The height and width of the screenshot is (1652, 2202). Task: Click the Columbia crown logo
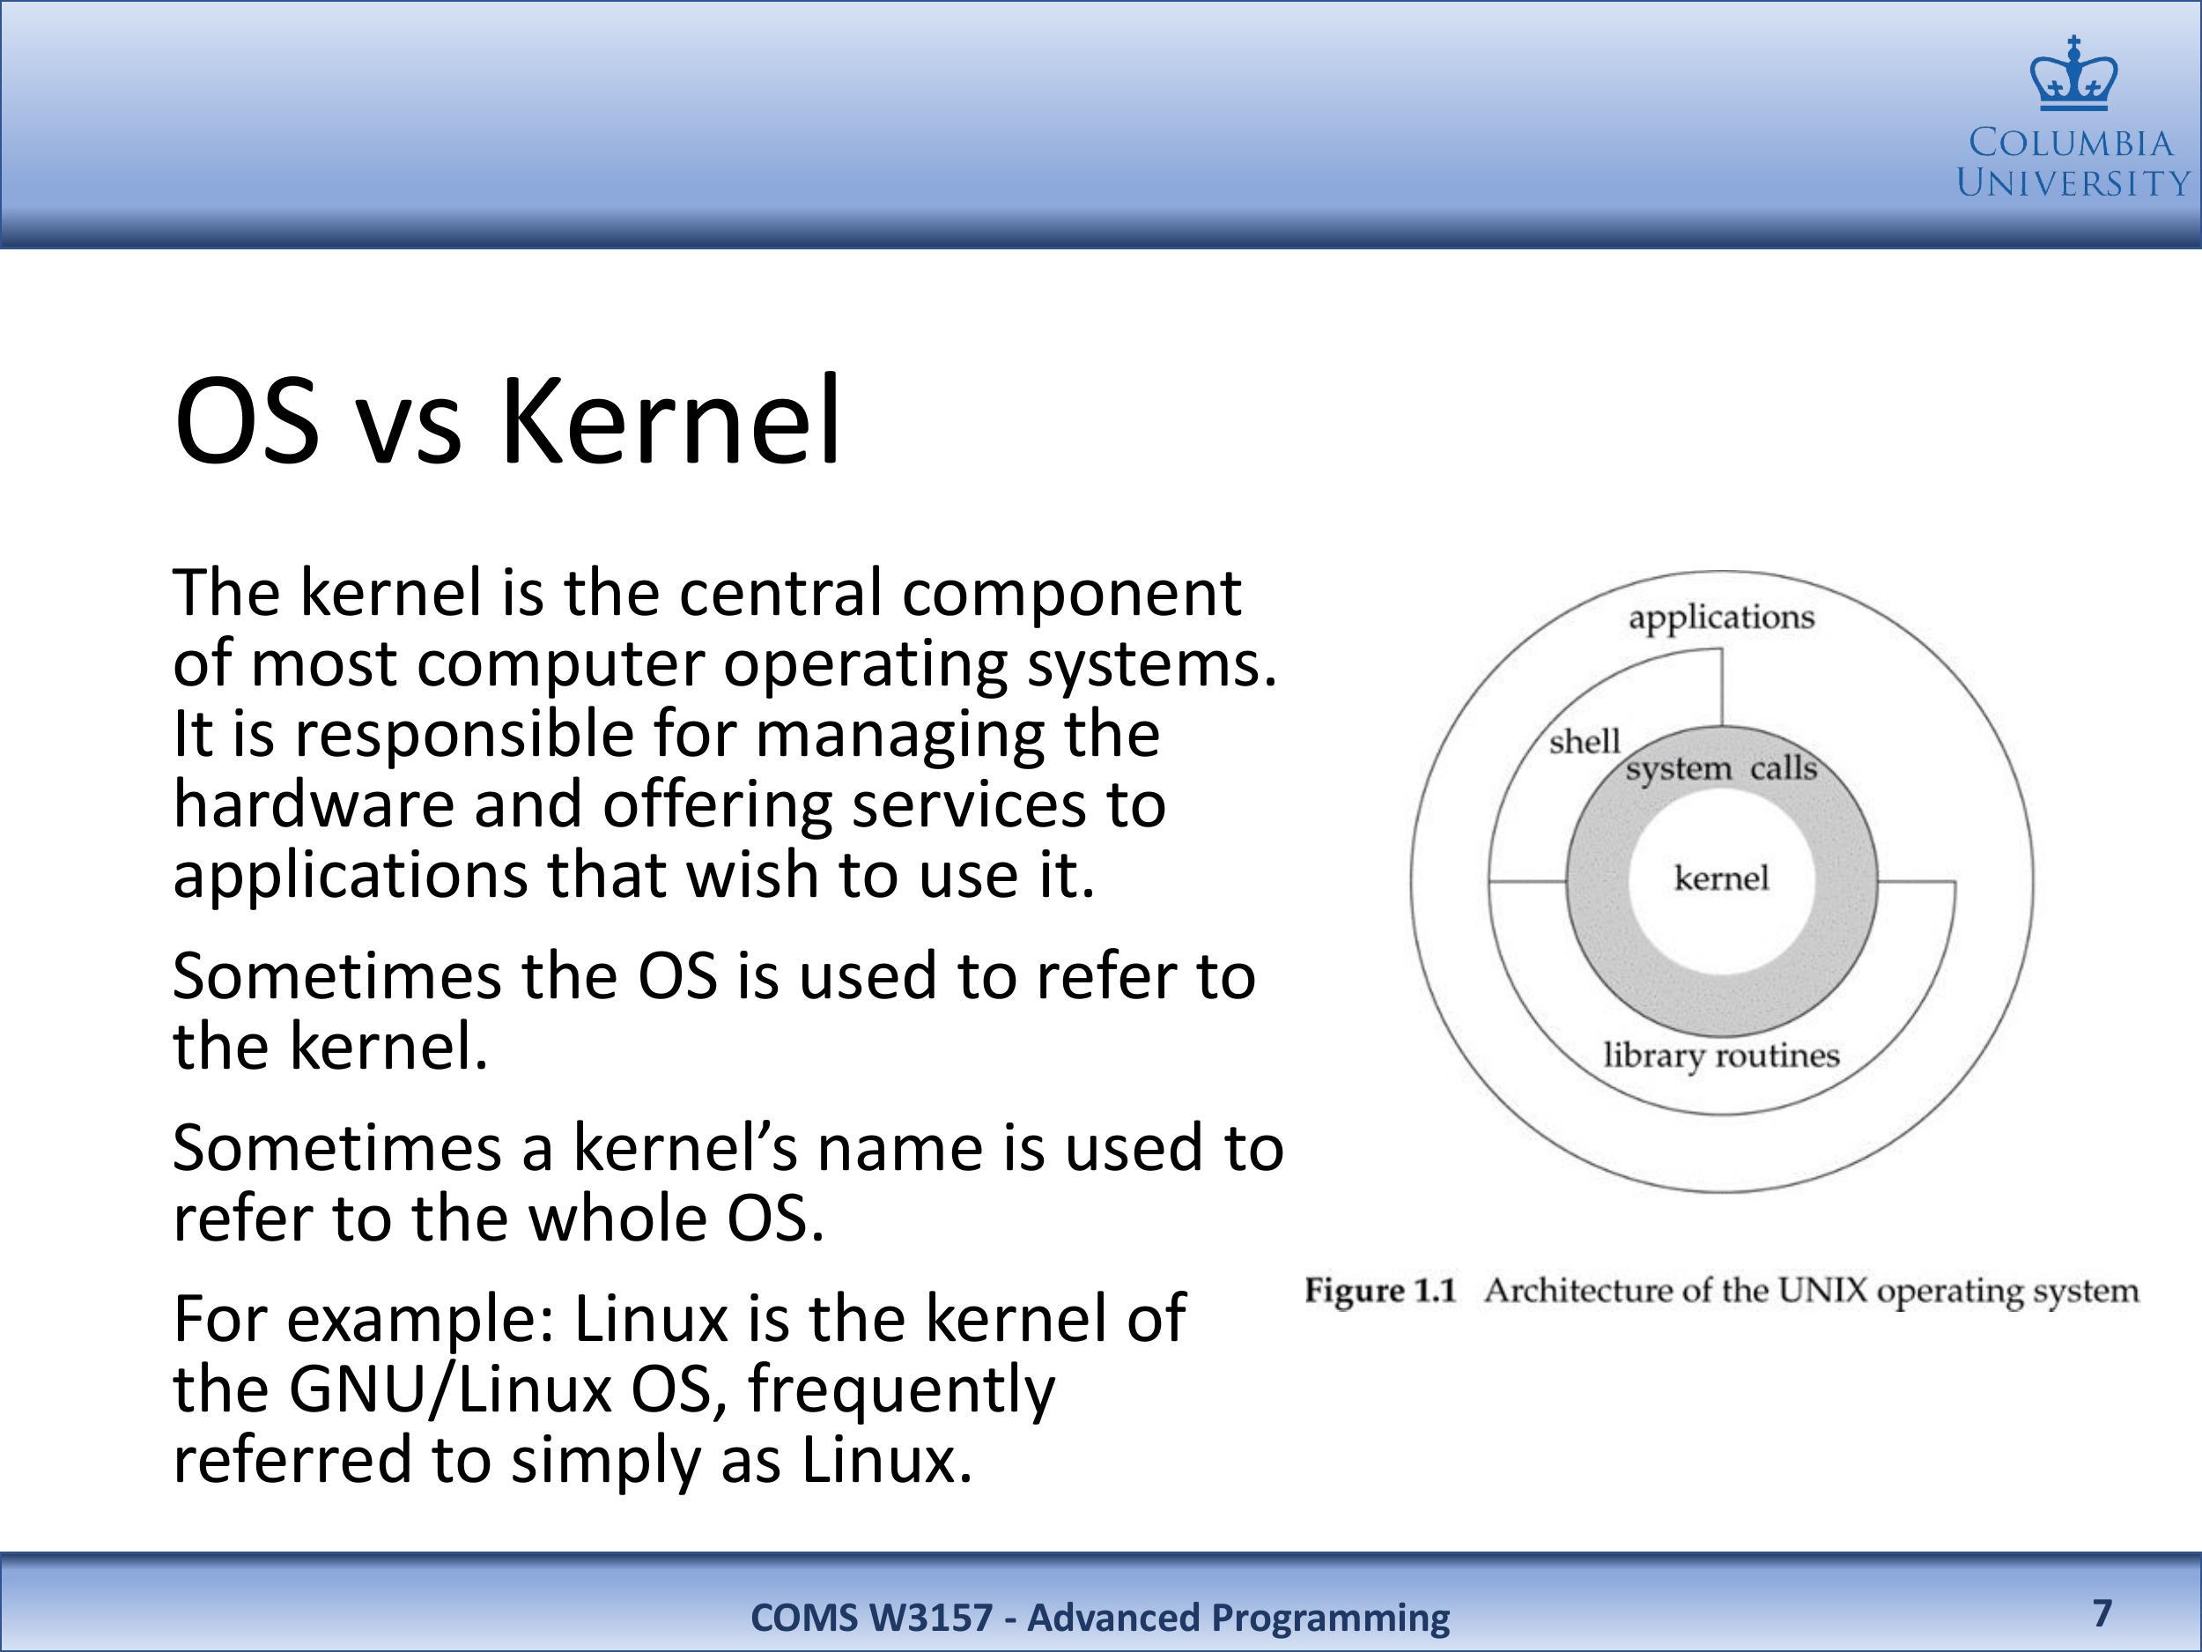click(2073, 74)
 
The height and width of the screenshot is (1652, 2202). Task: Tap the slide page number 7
click(2102, 1612)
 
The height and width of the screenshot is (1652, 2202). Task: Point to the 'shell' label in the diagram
click(1585, 741)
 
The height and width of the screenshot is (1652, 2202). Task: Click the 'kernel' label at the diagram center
click(1722, 878)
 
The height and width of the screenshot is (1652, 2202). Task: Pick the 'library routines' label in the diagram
click(1721, 1056)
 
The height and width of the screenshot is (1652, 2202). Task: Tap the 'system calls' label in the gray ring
click(1721, 769)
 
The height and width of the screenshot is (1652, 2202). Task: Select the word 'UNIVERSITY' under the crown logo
click(2073, 183)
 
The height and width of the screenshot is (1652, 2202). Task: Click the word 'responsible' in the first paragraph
click(464, 736)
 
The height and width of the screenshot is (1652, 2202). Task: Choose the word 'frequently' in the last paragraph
click(900, 1392)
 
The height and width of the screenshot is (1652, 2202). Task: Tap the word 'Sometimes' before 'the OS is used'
click(337, 976)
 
